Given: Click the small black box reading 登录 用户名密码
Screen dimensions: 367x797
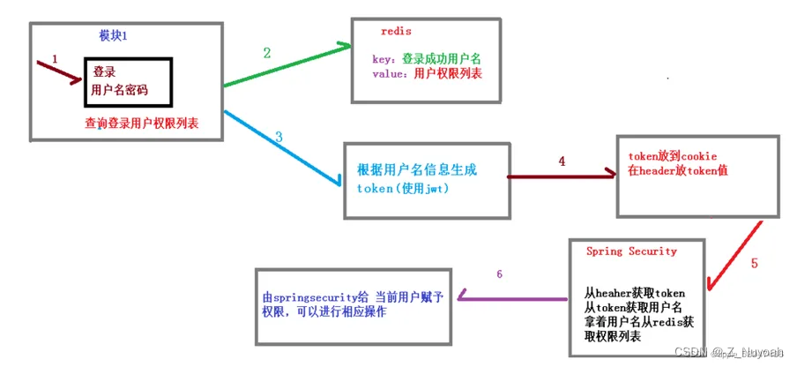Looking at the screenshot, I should tap(123, 81).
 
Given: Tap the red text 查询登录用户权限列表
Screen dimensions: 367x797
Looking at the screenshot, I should tap(141, 124).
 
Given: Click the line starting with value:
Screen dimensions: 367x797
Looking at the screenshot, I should tap(428, 73).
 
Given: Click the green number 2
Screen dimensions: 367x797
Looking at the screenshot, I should tap(267, 52).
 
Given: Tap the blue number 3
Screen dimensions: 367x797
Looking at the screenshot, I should tap(279, 137).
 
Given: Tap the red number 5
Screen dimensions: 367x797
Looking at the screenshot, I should tap(754, 263).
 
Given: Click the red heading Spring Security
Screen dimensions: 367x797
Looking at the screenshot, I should tap(631, 251).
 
